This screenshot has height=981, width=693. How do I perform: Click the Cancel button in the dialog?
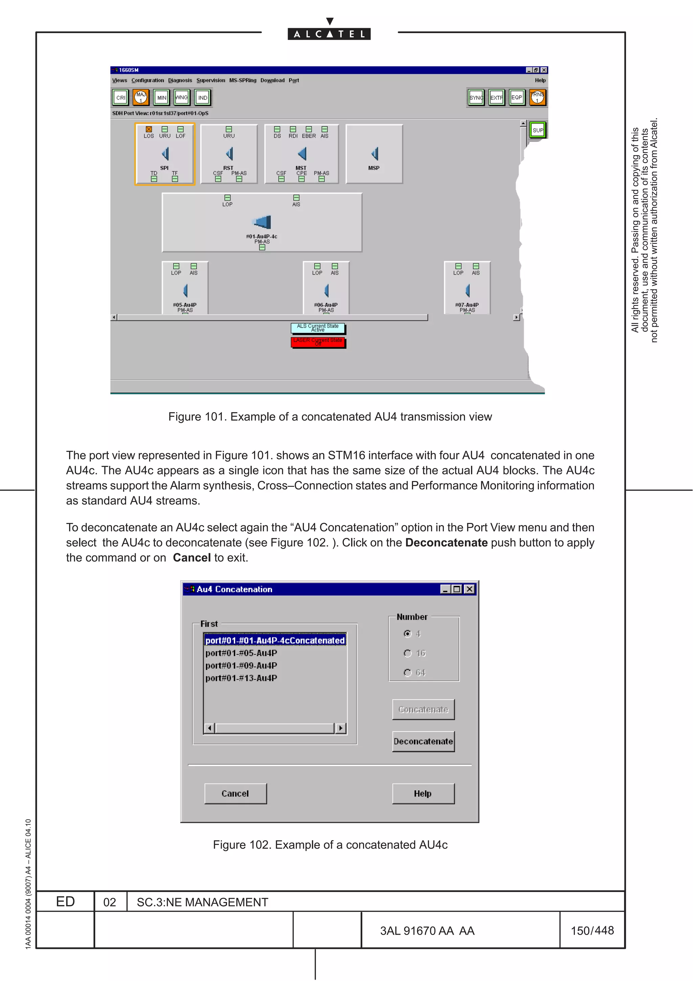235,793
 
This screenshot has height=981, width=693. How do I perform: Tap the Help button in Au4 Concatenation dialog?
423,793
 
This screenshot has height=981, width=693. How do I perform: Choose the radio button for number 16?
408,653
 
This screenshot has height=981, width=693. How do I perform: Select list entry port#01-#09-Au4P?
241,666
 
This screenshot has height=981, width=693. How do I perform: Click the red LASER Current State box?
318,342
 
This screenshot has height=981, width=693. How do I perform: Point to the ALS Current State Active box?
318,328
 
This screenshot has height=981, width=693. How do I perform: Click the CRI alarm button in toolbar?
121,98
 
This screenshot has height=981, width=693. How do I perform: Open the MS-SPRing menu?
243,80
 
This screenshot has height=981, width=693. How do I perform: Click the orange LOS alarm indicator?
149,129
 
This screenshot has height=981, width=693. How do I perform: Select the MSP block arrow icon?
375,154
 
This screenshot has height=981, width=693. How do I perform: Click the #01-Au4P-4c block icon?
262,222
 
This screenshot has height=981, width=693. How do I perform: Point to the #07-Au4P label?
467,305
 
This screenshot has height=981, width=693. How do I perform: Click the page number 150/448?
592,931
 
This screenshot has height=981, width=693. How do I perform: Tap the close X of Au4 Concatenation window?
469,589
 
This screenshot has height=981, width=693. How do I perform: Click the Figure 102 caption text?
330,845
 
